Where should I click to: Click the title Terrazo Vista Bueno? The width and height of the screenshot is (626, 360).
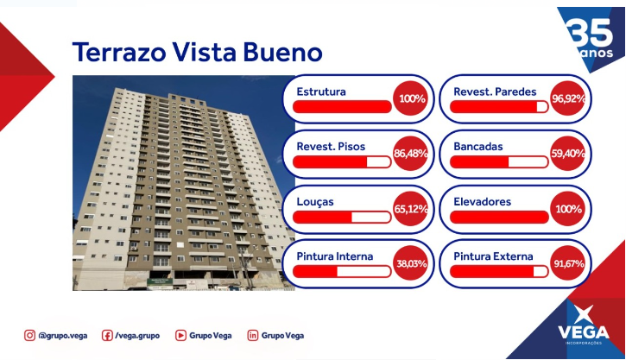coord(197,52)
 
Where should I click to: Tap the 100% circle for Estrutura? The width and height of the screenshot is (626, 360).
coord(410,98)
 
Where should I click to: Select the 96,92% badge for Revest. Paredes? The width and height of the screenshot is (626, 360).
coord(567,98)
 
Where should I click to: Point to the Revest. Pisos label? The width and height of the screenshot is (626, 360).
coord(331,147)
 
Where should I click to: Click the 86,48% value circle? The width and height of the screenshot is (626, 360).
coord(410,154)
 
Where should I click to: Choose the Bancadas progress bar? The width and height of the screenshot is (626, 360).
coord(499,161)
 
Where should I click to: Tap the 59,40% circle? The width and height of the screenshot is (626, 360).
coord(567,154)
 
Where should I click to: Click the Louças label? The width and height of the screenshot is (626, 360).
coord(315,202)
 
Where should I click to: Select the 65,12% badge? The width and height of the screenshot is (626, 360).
coord(410,209)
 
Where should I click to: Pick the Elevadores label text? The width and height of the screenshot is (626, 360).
coord(482,201)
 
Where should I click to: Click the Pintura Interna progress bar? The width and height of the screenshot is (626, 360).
coord(342,271)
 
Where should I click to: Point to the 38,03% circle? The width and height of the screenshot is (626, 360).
coord(410,263)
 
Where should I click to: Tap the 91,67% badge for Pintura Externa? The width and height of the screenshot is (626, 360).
coord(567,263)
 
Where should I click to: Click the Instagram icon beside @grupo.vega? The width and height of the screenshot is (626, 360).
coord(29,335)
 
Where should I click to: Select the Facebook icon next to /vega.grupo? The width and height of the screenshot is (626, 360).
coord(107,335)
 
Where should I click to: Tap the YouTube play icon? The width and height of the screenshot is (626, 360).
coord(180,335)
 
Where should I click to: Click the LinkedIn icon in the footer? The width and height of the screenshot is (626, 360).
coord(253,335)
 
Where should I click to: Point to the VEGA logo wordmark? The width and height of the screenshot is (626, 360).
coord(584,332)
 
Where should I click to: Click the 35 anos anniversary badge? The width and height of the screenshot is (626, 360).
coord(591,39)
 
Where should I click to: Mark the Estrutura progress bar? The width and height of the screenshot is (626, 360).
coord(342,106)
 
